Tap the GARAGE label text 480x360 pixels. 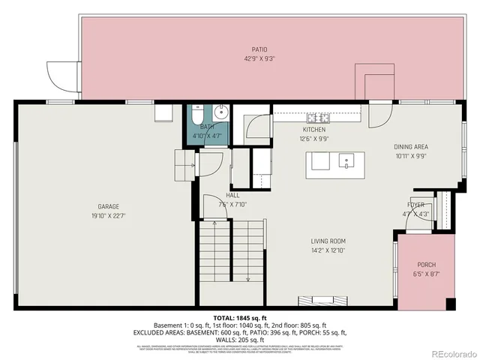click(x=108, y=206)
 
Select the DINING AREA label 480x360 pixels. click(x=410, y=148)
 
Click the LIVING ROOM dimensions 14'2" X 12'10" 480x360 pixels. click(x=328, y=250)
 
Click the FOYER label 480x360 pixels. click(x=415, y=204)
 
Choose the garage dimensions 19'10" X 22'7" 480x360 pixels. click(x=108, y=215)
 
